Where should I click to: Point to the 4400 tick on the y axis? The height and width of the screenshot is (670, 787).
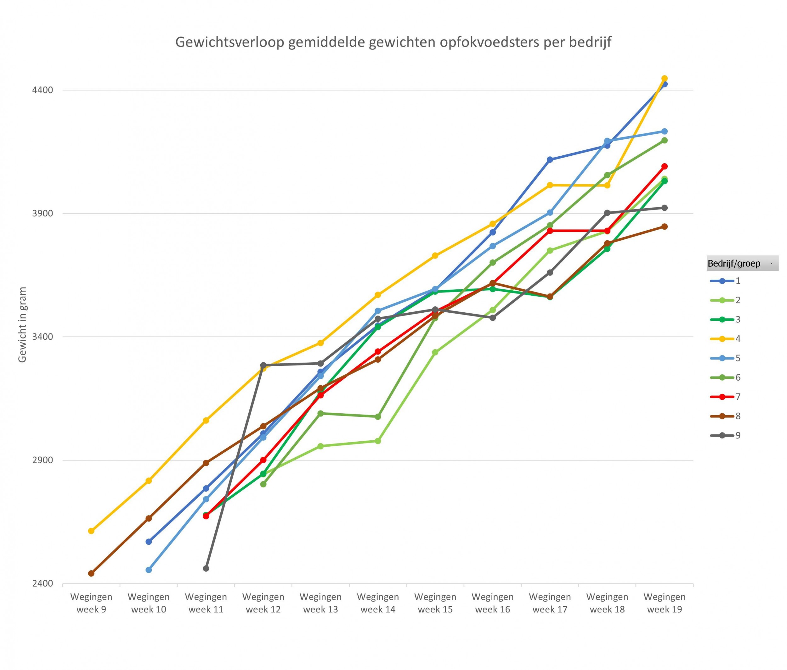[42, 90]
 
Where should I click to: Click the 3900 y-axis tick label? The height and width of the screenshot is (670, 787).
[42, 213]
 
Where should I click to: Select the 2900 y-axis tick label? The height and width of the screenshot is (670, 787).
[42, 460]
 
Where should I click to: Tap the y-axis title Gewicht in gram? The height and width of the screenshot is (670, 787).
[22, 325]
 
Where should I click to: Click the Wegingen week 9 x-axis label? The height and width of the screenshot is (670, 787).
[91, 603]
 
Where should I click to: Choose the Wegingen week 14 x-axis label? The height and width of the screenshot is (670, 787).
[378, 603]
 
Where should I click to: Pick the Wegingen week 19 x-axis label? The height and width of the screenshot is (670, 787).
[664, 603]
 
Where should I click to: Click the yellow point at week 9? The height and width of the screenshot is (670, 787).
[91, 531]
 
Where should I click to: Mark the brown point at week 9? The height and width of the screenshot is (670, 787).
[91, 573]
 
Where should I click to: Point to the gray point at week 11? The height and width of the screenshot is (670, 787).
[206, 568]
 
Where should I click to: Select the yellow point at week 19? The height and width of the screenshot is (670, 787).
[665, 79]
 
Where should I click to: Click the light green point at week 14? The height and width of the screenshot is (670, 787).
[378, 441]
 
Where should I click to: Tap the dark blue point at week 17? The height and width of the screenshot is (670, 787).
[550, 159]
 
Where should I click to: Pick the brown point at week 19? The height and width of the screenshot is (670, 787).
[665, 226]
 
